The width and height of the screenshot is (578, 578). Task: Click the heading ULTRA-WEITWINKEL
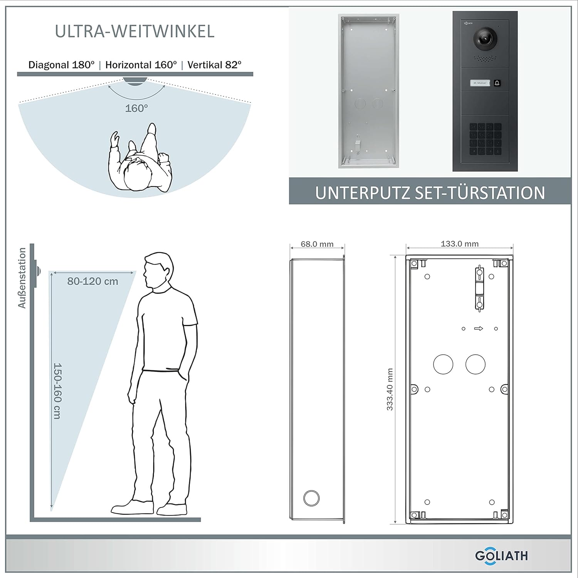(135, 31)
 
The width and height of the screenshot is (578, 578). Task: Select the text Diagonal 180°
(61, 65)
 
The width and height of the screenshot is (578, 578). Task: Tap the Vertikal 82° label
(214, 65)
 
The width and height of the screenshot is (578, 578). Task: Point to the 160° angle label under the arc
(136, 108)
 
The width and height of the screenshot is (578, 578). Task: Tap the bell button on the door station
(497, 83)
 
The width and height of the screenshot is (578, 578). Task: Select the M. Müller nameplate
(480, 83)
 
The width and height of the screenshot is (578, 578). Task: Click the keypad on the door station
(485, 139)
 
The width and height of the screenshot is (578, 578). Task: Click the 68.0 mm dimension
(317, 244)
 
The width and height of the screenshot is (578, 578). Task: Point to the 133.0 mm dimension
(460, 244)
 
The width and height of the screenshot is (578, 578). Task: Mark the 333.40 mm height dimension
(390, 390)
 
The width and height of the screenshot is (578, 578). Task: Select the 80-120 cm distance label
(93, 281)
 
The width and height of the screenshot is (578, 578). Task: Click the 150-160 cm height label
(57, 391)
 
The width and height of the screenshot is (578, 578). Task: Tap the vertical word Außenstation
(22, 278)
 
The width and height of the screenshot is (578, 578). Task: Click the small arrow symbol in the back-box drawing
(479, 329)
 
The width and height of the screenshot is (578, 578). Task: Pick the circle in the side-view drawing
(311, 498)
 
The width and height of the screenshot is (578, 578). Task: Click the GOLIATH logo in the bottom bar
(501, 556)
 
